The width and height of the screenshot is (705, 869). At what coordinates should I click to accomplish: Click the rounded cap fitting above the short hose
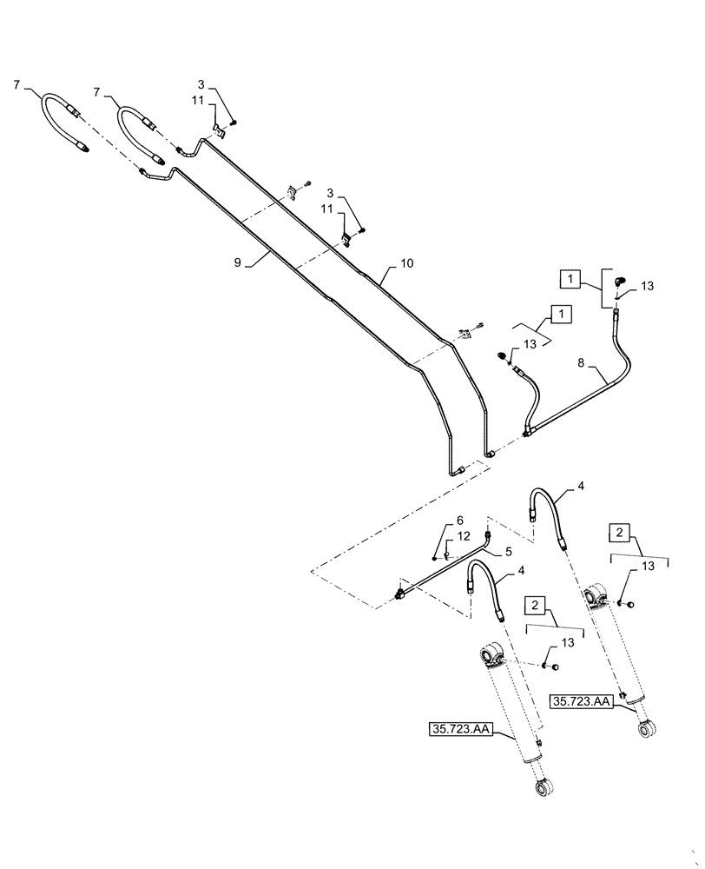click(503, 355)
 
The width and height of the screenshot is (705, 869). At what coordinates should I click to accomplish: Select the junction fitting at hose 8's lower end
click(527, 428)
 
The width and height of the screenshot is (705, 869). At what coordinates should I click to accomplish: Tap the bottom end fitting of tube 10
click(491, 452)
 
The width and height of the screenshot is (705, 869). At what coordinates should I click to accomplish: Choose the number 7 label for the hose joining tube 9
click(18, 85)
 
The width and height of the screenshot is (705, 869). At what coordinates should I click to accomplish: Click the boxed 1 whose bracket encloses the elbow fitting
click(569, 280)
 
